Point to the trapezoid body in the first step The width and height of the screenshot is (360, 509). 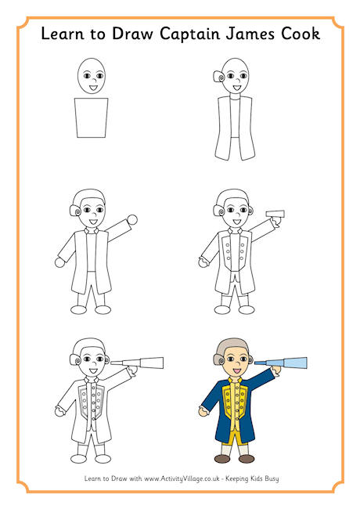pyautogui.click(x=92, y=117)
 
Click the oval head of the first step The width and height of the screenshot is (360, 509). pyautogui.click(x=92, y=76)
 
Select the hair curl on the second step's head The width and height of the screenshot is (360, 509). pyautogui.click(x=218, y=78)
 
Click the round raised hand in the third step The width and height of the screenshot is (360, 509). pyautogui.click(x=132, y=220)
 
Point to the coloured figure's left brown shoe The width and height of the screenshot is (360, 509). pyautogui.click(x=223, y=459)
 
